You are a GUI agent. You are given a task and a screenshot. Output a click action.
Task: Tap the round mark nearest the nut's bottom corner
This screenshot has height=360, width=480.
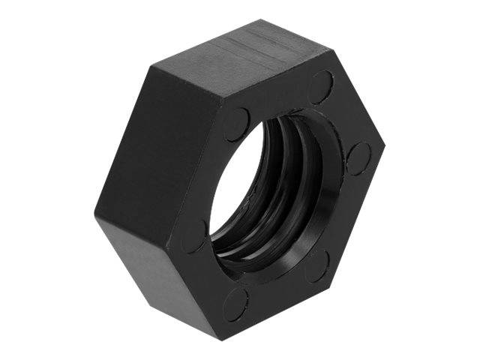(235, 304)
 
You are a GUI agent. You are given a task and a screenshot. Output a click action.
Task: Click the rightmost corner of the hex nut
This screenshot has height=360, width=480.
(384, 142)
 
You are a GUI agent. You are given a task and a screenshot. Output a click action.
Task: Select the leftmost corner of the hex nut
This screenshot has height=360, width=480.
(95, 214)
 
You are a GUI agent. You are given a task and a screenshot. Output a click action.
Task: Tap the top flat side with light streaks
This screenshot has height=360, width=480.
(240, 64)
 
